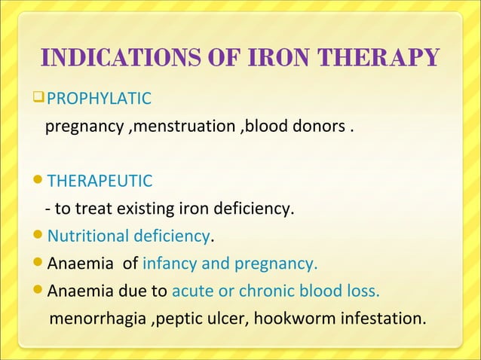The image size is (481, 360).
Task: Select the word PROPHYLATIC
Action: (100, 98)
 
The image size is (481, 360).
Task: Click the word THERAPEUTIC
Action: (100, 181)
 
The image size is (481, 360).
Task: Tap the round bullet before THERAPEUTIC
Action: (40, 182)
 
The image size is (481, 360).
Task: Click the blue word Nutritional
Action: (87, 236)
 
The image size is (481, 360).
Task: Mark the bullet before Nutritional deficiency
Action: (40, 237)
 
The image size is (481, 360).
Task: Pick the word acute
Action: (193, 291)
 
